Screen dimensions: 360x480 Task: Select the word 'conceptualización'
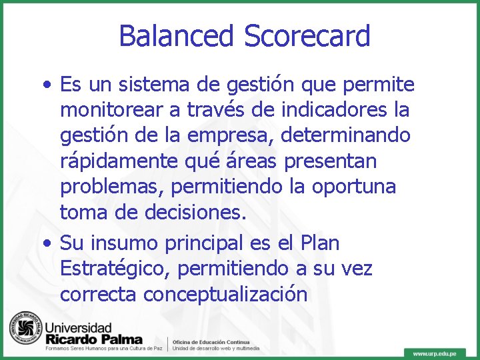click(x=225, y=295)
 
